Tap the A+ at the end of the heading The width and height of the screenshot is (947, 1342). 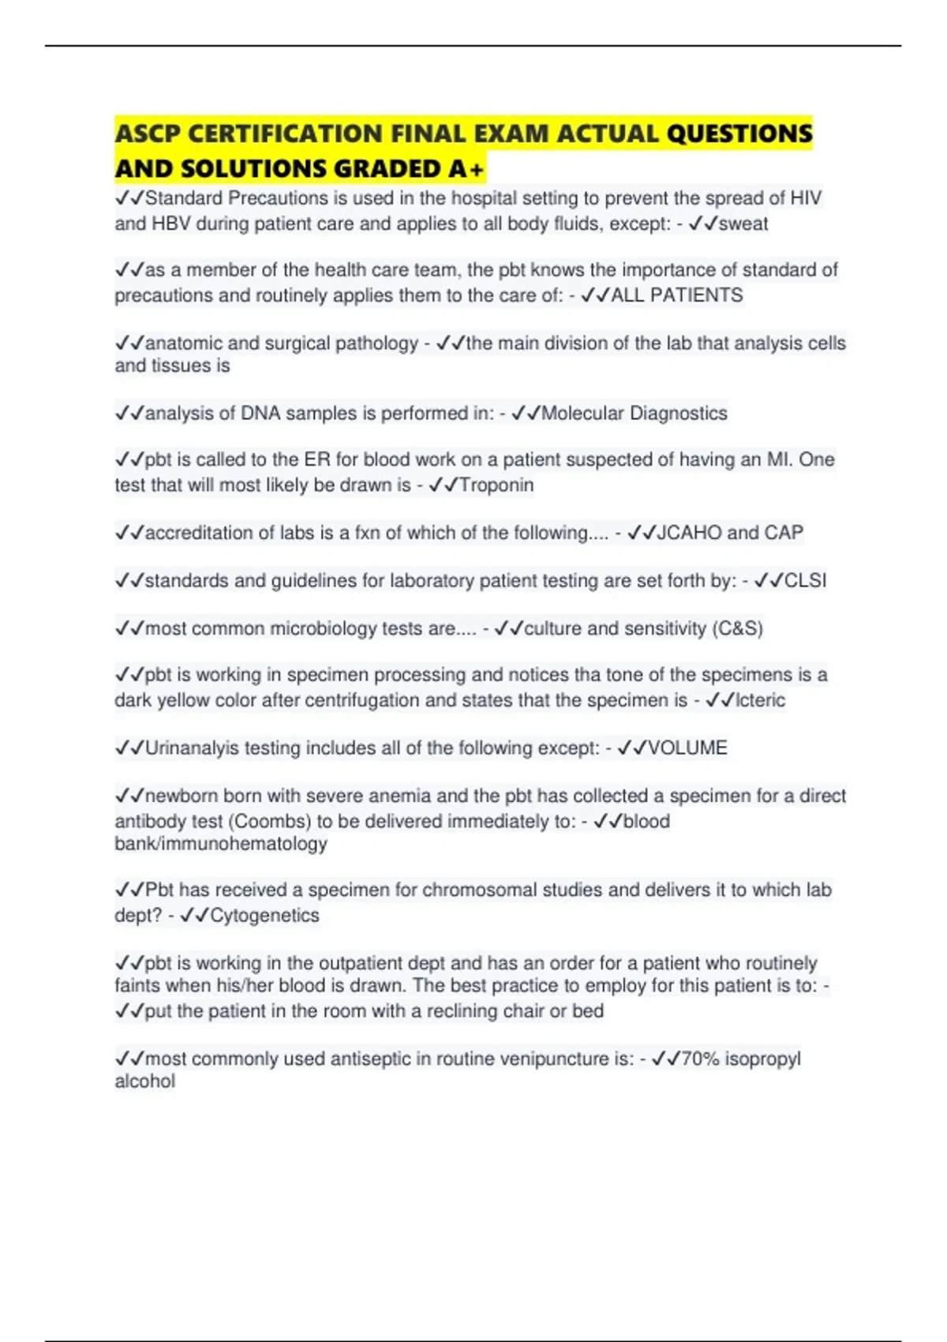(x=467, y=169)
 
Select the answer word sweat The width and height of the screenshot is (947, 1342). (x=743, y=224)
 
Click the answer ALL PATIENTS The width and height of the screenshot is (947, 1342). (x=677, y=295)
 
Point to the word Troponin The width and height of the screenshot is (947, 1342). (x=496, y=485)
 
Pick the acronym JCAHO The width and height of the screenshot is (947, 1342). (x=689, y=533)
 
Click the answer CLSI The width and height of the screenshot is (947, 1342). (x=806, y=581)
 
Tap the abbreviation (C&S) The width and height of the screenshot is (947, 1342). (x=737, y=628)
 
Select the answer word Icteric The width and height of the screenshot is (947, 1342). (x=760, y=700)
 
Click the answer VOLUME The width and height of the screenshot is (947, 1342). (x=687, y=748)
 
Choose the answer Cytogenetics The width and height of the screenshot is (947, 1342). (x=264, y=916)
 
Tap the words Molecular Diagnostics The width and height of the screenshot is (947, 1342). (x=634, y=414)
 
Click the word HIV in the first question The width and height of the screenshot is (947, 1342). (x=806, y=198)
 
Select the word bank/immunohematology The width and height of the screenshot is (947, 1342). (x=221, y=844)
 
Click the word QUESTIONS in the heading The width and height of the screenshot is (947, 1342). (x=739, y=134)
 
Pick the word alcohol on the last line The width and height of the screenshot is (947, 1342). (x=145, y=1081)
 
